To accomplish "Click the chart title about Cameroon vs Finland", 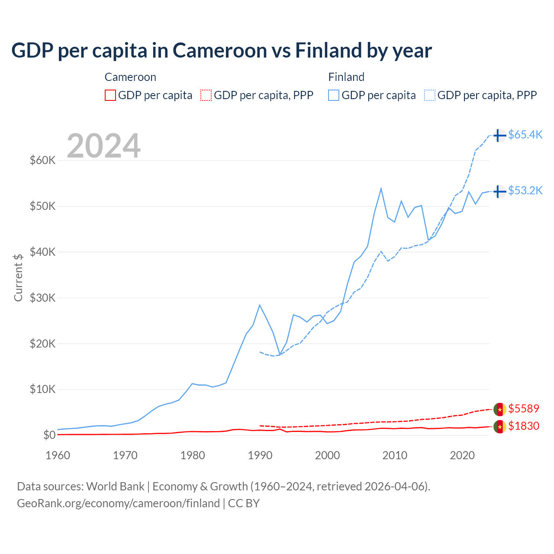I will point(221,51).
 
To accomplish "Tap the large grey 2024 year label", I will point(103,146).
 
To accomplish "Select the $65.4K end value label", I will point(525,135).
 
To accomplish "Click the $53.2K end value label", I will point(525,190).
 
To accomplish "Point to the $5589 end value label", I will point(523,409).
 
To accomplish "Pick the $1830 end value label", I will point(523,426).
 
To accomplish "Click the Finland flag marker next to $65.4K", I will point(499,135).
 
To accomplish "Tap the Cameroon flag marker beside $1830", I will point(499,427).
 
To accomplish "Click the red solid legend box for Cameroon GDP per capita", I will point(110,95).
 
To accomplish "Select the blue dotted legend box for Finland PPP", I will point(430,95).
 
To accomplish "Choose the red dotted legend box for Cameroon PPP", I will point(206,95).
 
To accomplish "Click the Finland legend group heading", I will point(346,77).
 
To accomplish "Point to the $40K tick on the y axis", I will point(43,252).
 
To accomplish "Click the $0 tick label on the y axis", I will point(49,435).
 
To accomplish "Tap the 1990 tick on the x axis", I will point(260,455).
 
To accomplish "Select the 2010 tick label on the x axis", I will point(395,455).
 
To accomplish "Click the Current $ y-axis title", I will point(18,277).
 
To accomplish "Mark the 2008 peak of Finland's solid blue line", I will point(381,189).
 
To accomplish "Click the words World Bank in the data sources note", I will point(115,486).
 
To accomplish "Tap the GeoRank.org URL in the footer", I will point(118,503).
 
